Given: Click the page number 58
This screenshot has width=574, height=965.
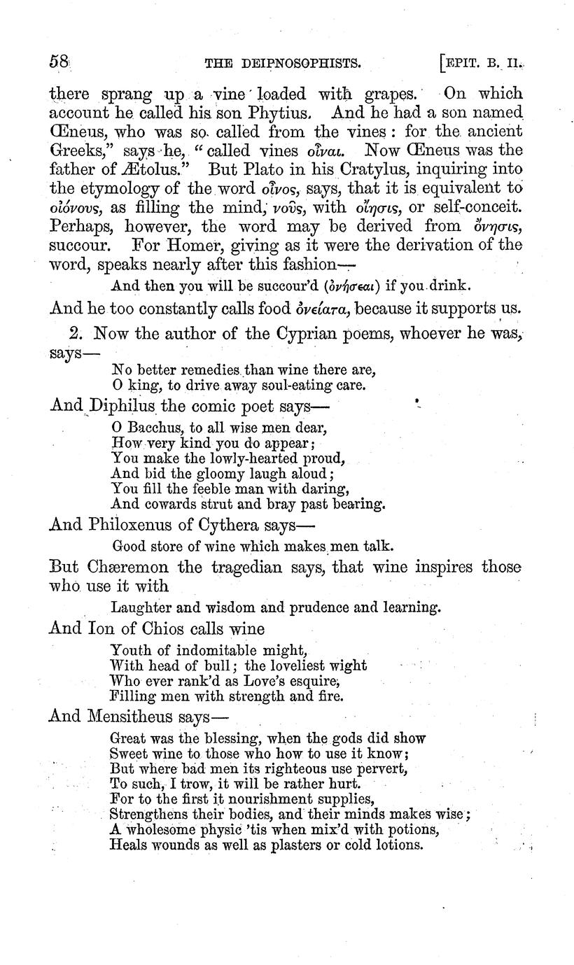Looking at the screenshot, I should [x=58, y=62].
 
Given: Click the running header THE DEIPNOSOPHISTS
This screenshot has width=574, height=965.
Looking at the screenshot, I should [x=283, y=64].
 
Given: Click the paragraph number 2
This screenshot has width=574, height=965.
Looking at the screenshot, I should [x=77, y=334].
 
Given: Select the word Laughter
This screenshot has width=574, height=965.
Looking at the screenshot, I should [x=139, y=607].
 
